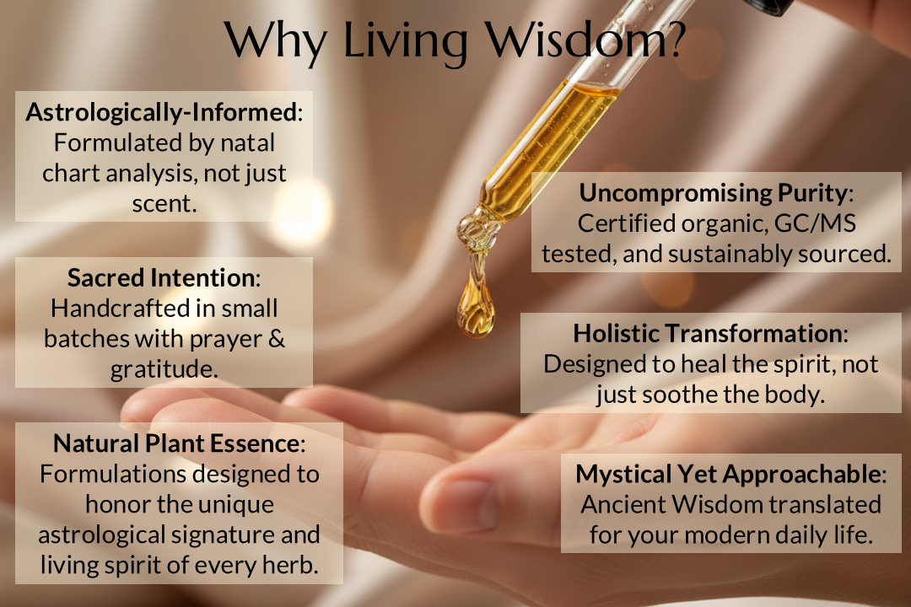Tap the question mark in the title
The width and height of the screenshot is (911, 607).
coord(672,40)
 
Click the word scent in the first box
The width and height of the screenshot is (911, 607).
coord(164,203)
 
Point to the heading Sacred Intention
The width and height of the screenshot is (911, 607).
coord(161,278)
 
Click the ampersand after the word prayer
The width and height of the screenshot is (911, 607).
coord(273,339)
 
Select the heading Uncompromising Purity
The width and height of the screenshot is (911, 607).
coord(712,193)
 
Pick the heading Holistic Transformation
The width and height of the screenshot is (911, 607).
coord(708,333)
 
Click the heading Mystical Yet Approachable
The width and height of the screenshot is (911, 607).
coord(729,474)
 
